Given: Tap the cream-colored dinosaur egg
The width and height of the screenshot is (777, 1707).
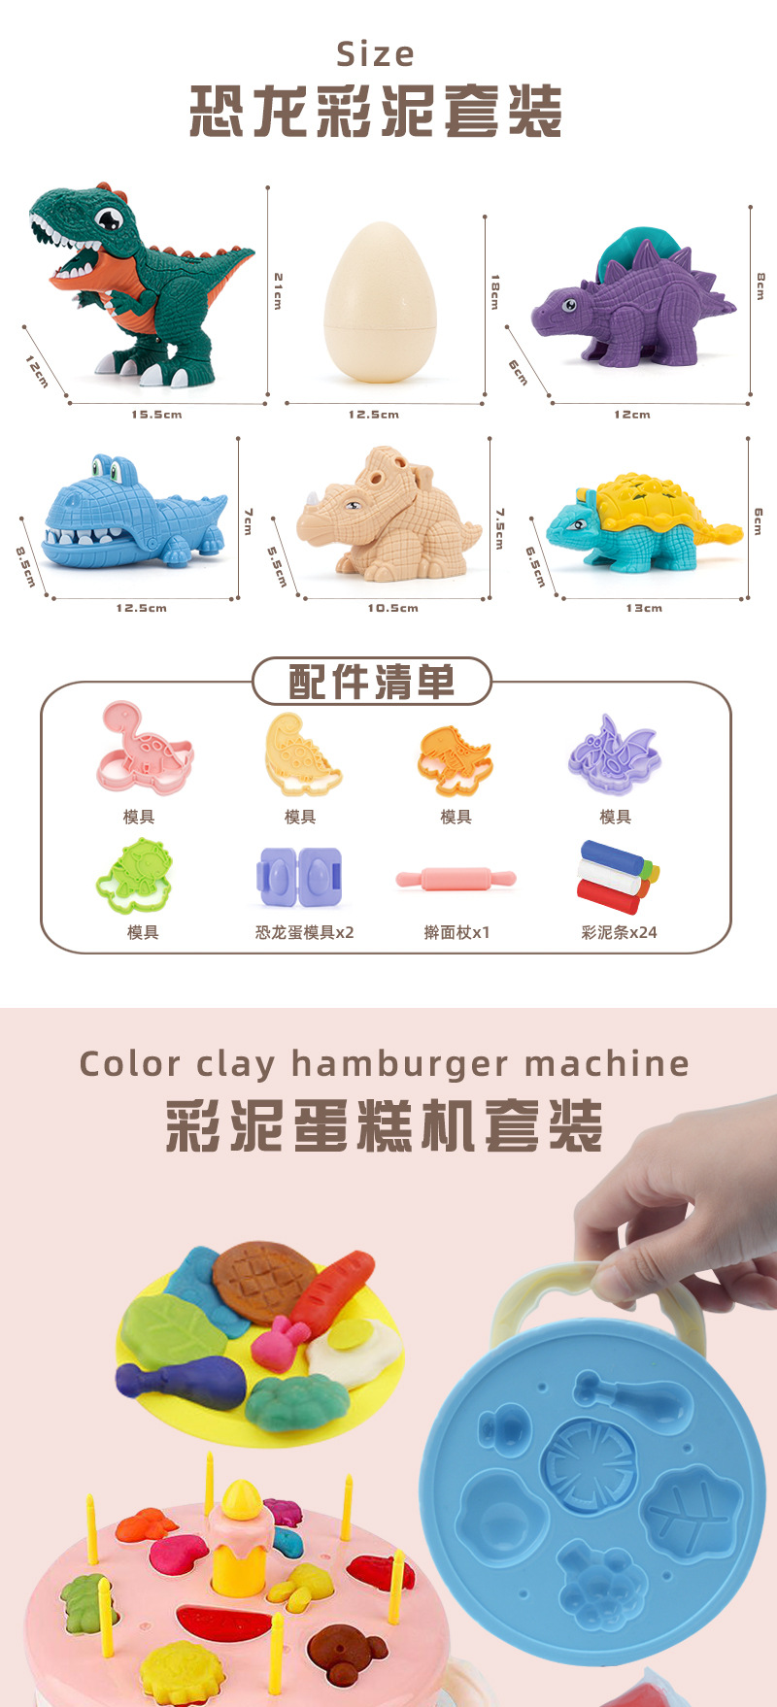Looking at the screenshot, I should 380,302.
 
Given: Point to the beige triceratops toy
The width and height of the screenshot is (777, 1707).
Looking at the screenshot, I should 388,515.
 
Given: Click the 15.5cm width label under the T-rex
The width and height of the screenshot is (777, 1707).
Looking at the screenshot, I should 156,415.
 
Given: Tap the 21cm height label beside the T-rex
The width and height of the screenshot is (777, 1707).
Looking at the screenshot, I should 278,290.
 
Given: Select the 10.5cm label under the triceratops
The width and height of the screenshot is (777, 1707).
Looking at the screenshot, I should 392,609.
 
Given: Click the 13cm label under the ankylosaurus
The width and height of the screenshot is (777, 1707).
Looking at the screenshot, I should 644,609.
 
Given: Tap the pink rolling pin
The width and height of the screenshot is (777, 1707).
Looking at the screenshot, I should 456,879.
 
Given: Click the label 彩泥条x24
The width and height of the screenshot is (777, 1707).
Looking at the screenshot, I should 619,932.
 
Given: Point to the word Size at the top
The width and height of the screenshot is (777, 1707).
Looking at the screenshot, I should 376,54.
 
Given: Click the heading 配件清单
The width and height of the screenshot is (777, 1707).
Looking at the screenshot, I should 372,682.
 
